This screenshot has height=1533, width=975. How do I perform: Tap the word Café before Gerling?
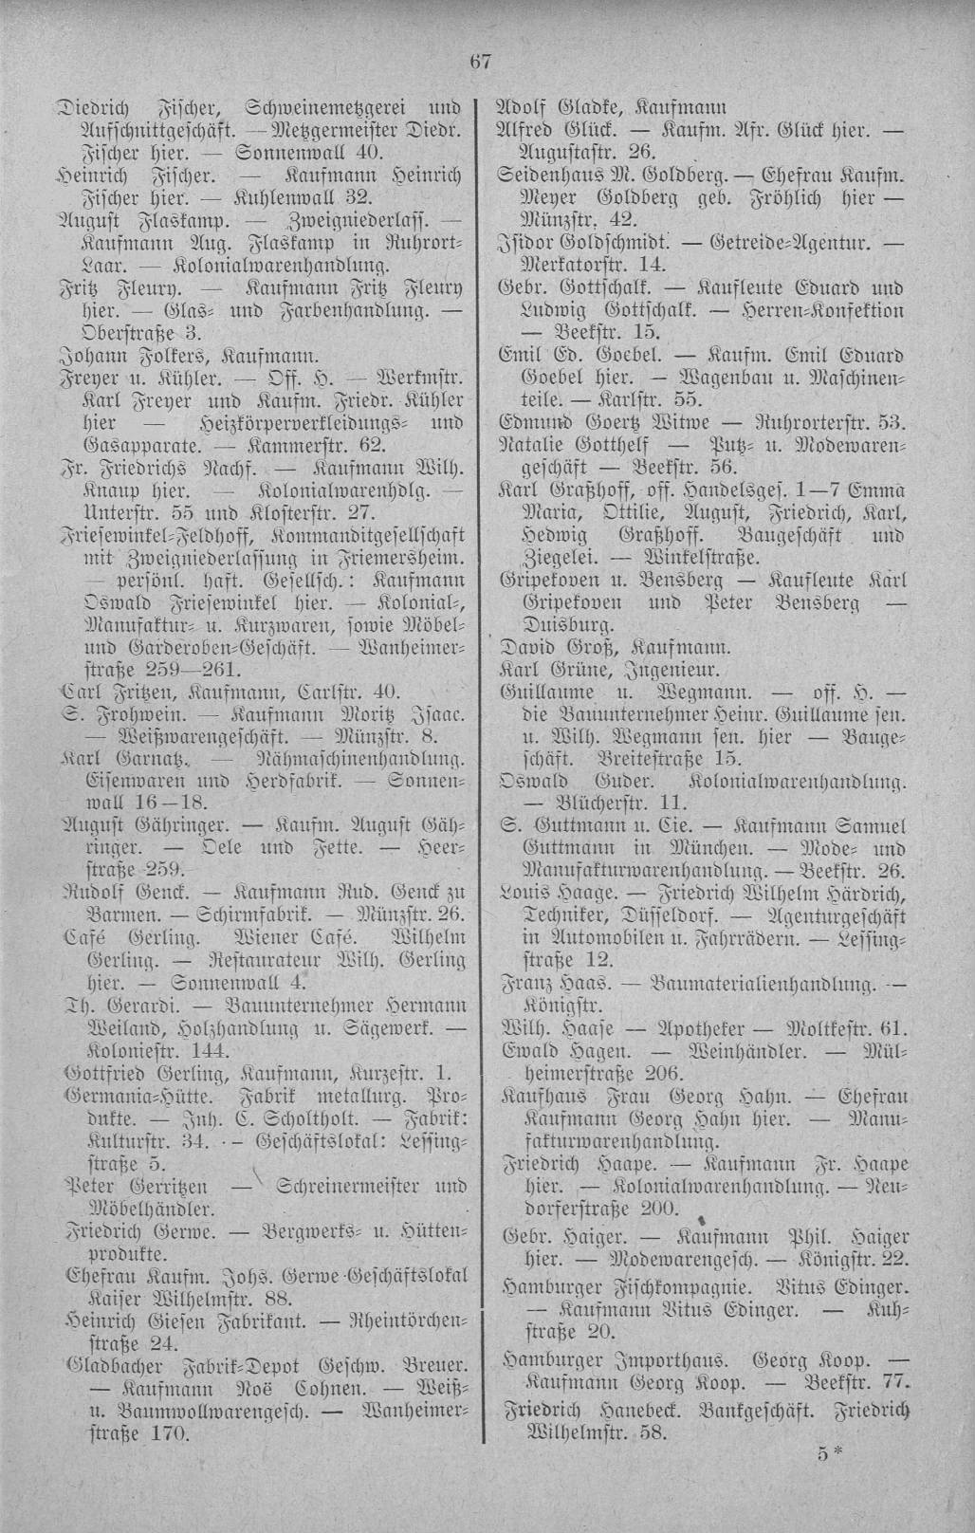[x=84, y=938]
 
